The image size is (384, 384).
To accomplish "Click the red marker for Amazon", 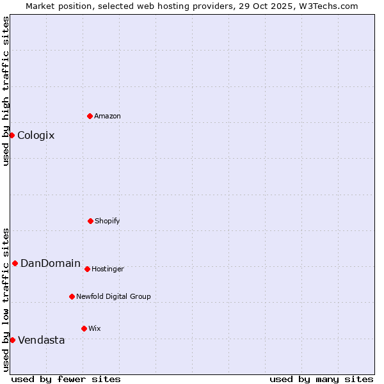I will [90, 116].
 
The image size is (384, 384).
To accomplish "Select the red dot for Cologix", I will [12, 135].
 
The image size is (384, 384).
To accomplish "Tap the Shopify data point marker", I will [90, 221].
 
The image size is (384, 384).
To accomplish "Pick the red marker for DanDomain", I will [15, 263].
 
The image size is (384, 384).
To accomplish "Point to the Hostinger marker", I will [87, 269].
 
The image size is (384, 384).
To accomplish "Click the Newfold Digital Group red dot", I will [72, 296].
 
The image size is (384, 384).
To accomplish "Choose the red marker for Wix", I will [84, 328].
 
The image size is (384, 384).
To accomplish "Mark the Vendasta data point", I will [12, 340].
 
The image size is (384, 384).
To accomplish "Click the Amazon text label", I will [108, 116].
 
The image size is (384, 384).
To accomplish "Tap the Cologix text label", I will [36, 135].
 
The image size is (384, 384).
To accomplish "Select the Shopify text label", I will [108, 221].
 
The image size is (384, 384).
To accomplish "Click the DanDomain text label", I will [51, 263].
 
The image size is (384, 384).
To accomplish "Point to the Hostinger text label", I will [108, 269].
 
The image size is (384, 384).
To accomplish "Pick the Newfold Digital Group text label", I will [113, 296].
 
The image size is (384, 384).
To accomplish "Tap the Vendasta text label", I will [42, 340].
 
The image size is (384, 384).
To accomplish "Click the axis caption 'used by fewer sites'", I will [66, 379].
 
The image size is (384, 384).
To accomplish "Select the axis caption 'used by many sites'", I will [321, 379].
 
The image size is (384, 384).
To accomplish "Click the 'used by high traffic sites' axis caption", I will [6, 91].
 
